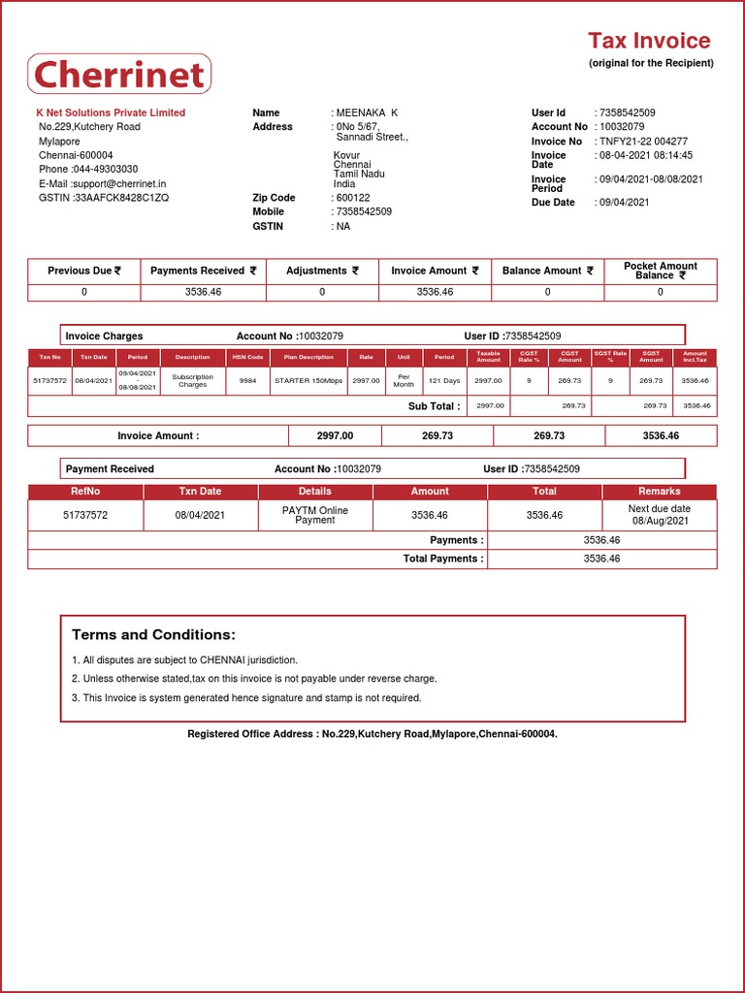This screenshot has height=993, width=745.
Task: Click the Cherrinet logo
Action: pyautogui.click(x=119, y=75)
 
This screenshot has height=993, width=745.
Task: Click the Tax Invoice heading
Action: pyautogui.click(x=649, y=41)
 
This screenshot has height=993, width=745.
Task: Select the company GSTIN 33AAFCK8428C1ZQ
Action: pyautogui.click(x=121, y=198)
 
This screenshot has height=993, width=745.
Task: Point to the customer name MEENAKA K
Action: pyautogui.click(x=367, y=112)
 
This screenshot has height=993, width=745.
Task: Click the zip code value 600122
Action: pyautogui.click(x=353, y=198)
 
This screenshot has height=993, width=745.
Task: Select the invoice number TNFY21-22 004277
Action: pyautogui.click(x=644, y=142)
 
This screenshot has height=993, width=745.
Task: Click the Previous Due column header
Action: pyautogui.click(x=84, y=272)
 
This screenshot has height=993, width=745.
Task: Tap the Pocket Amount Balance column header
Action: pyautogui.click(x=661, y=271)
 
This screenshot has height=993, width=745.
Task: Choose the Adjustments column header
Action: pyautogui.click(x=322, y=272)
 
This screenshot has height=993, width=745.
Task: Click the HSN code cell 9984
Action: pyautogui.click(x=247, y=381)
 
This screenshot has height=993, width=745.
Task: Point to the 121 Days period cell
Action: pyautogui.click(x=444, y=381)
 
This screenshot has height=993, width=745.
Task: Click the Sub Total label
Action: pyautogui.click(x=434, y=406)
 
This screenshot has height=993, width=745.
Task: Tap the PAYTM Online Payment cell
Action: pyautogui.click(x=314, y=515)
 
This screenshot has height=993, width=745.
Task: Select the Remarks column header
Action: pyautogui.click(x=660, y=492)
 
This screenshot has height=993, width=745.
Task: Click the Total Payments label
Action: pyautogui.click(x=442, y=559)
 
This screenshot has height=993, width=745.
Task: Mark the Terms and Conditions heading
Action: pyautogui.click(x=153, y=635)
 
